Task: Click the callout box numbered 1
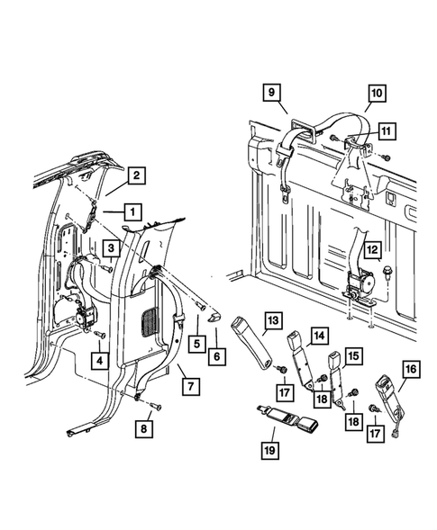click(x=133, y=212)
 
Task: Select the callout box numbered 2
click(x=136, y=175)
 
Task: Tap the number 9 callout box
click(x=271, y=93)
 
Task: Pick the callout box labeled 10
click(x=378, y=93)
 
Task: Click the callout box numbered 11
click(x=387, y=130)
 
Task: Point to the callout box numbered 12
click(x=372, y=250)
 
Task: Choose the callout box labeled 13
click(x=273, y=319)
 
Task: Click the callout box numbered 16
click(x=411, y=369)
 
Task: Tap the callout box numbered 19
click(x=270, y=450)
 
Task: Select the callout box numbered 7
click(x=191, y=386)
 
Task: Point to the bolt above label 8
click(x=156, y=406)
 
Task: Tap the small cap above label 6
click(x=215, y=318)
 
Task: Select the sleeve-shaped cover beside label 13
click(x=252, y=341)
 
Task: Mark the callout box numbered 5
click(x=197, y=344)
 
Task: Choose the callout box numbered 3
click(x=111, y=248)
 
